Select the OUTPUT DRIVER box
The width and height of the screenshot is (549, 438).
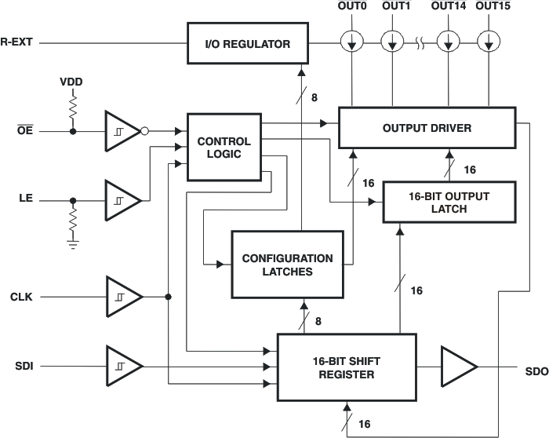click(427, 127)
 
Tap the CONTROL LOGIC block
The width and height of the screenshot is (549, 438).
click(224, 148)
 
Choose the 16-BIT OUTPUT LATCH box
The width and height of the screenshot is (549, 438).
click(449, 203)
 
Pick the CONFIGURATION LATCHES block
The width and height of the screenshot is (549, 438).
click(287, 265)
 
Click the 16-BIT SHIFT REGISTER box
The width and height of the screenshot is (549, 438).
click(347, 367)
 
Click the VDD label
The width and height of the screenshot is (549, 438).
click(71, 82)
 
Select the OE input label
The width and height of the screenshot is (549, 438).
click(24, 131)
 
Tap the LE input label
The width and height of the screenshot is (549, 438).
click(24, 200)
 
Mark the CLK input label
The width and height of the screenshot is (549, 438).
click(22, 297)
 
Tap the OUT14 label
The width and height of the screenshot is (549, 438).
click(446, 7)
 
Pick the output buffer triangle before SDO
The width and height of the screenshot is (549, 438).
click(459, 367)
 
